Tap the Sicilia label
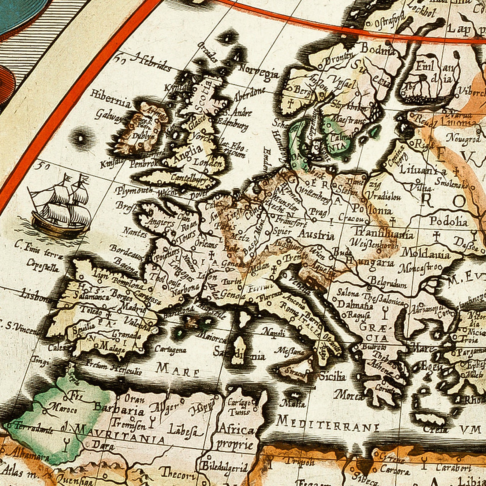(x=332, y=376)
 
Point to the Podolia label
(x=449, y=221)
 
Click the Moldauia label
(x=425, y=253)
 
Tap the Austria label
(x=316, y=235)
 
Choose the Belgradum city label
(x=388, y=282)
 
